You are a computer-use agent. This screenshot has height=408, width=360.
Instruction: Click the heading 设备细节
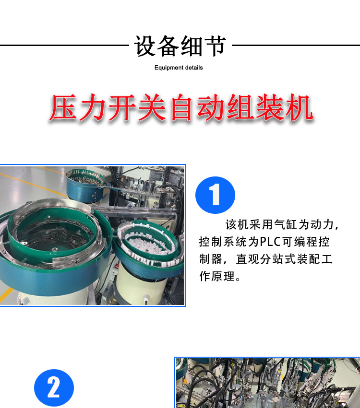180,46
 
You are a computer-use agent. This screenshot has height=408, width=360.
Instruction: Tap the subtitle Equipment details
179,68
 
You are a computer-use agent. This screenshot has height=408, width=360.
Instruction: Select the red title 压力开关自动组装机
181,107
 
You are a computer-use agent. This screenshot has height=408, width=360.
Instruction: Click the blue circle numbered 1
215,195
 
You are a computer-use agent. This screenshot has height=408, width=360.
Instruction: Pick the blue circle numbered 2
54,388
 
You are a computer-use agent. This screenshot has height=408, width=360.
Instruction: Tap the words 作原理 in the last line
217,276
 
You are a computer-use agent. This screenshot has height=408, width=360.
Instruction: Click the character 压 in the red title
63,107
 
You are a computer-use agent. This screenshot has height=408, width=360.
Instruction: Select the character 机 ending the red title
300,107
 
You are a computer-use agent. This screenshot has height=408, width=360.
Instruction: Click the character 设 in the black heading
145,46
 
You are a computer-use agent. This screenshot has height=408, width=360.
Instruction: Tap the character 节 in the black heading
215,46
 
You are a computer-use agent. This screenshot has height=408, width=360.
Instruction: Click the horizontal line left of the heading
64,45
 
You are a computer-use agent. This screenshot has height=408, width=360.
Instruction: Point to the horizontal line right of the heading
296,45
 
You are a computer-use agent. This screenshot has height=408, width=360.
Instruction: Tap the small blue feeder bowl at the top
85,185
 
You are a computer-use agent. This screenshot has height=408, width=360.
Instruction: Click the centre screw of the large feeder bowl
54,250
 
